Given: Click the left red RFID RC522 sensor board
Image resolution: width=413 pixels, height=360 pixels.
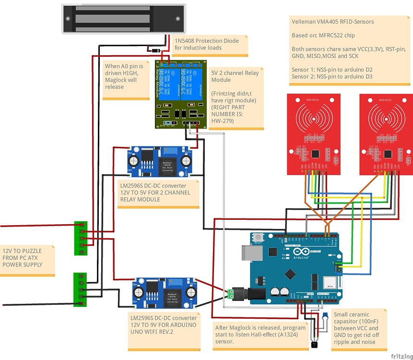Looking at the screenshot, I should pos(314,134).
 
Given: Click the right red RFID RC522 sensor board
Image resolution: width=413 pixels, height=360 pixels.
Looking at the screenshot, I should pos(386,134).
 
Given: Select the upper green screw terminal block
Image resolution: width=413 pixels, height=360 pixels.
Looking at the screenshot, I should pos(81,238).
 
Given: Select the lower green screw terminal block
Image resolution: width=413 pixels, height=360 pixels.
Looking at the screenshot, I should pos(79,290).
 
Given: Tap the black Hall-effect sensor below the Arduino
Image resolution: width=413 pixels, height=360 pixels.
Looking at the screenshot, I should pos(314,344).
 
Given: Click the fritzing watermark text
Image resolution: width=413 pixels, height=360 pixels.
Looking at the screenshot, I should pos(400,356).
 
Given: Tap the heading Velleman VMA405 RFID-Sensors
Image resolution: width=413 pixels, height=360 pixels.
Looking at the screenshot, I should pos(332,21).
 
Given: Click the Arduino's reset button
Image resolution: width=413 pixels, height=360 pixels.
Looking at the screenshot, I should pos(259,238).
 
